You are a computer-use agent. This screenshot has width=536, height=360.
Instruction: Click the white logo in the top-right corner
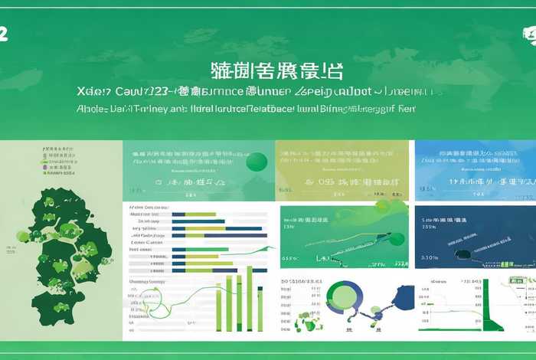[x=528, y=35]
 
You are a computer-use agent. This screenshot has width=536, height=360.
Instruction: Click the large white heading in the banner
[x=268, y=71]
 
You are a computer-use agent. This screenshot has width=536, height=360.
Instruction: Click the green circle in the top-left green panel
[x=257, y=162]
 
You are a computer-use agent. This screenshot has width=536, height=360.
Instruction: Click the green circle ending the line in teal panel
[x=397, y=238]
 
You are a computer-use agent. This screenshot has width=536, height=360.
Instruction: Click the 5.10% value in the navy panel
[x=430, y=258]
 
